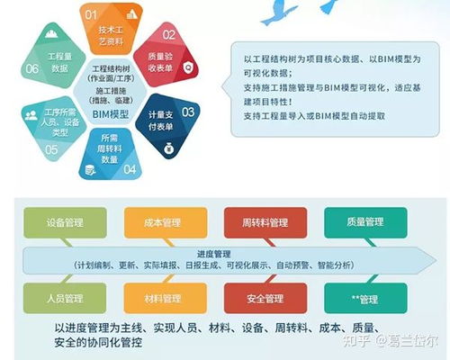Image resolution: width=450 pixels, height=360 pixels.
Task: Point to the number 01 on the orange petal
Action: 91,15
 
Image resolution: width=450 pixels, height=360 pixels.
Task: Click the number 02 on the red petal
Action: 169,35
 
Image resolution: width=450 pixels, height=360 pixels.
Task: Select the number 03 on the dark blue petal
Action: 188,112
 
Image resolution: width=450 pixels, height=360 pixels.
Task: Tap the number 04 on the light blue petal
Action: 130,168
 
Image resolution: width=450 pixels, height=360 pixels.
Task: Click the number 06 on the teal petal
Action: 32,68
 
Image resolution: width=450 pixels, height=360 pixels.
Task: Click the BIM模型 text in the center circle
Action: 112,114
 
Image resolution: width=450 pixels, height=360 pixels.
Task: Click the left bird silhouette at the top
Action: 281,13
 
